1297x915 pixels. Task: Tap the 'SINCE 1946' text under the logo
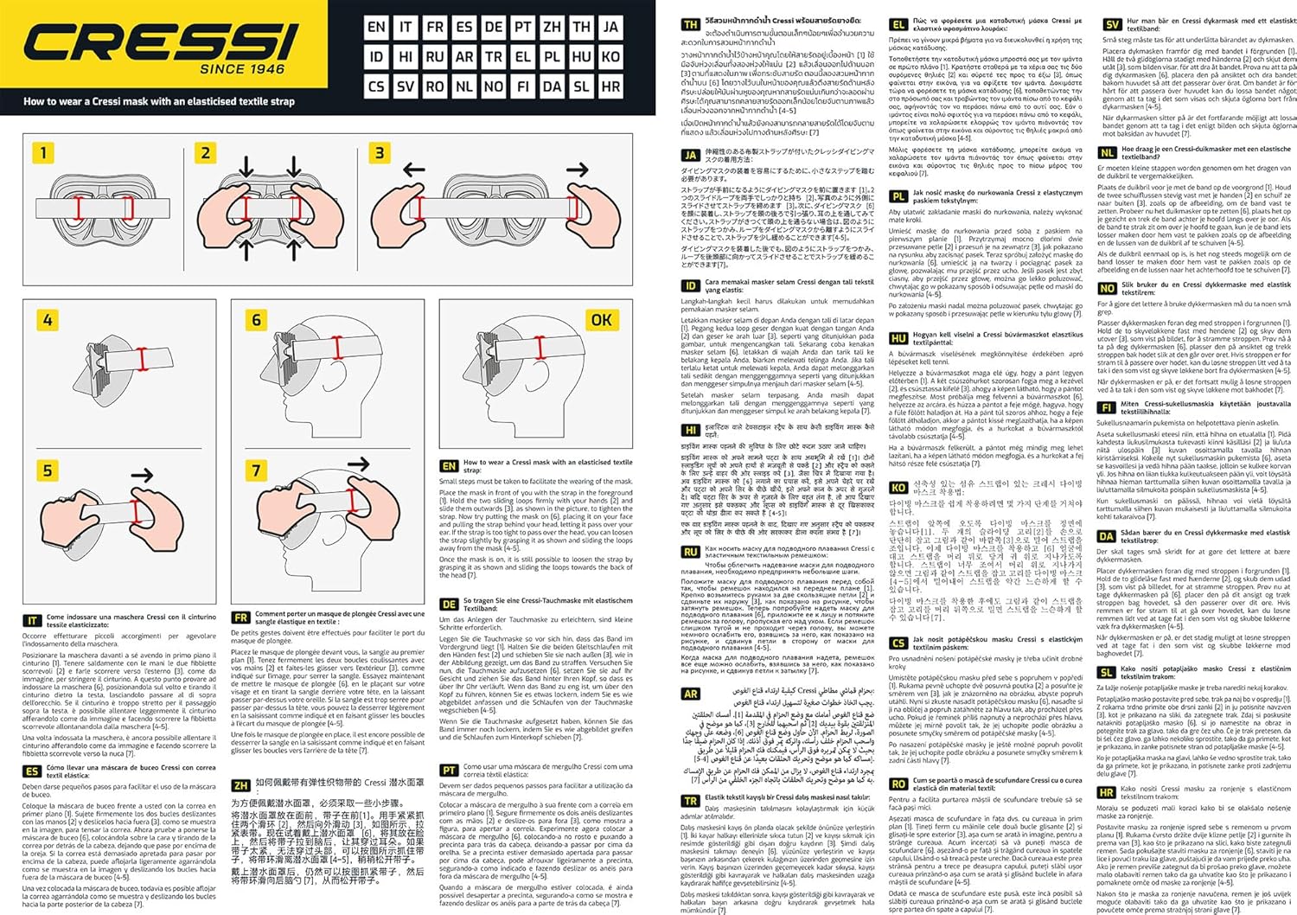242,69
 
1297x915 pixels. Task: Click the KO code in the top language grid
610,56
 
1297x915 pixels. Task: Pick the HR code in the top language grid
610,86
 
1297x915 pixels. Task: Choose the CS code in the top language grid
376,86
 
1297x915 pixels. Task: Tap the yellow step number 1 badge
43,154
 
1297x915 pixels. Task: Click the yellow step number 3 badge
380,154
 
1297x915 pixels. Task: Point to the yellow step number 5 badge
48,470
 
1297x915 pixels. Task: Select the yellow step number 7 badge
256,470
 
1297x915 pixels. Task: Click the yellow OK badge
601,320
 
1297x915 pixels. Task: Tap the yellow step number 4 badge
48,320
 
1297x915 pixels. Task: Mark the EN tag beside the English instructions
449,466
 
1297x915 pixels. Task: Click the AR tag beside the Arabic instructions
691,694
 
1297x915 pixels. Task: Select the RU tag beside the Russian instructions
691,552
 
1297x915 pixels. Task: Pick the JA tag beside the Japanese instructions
691,156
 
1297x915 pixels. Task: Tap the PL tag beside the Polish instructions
899,196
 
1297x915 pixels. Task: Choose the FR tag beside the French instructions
241,617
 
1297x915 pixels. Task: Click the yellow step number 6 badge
256,320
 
